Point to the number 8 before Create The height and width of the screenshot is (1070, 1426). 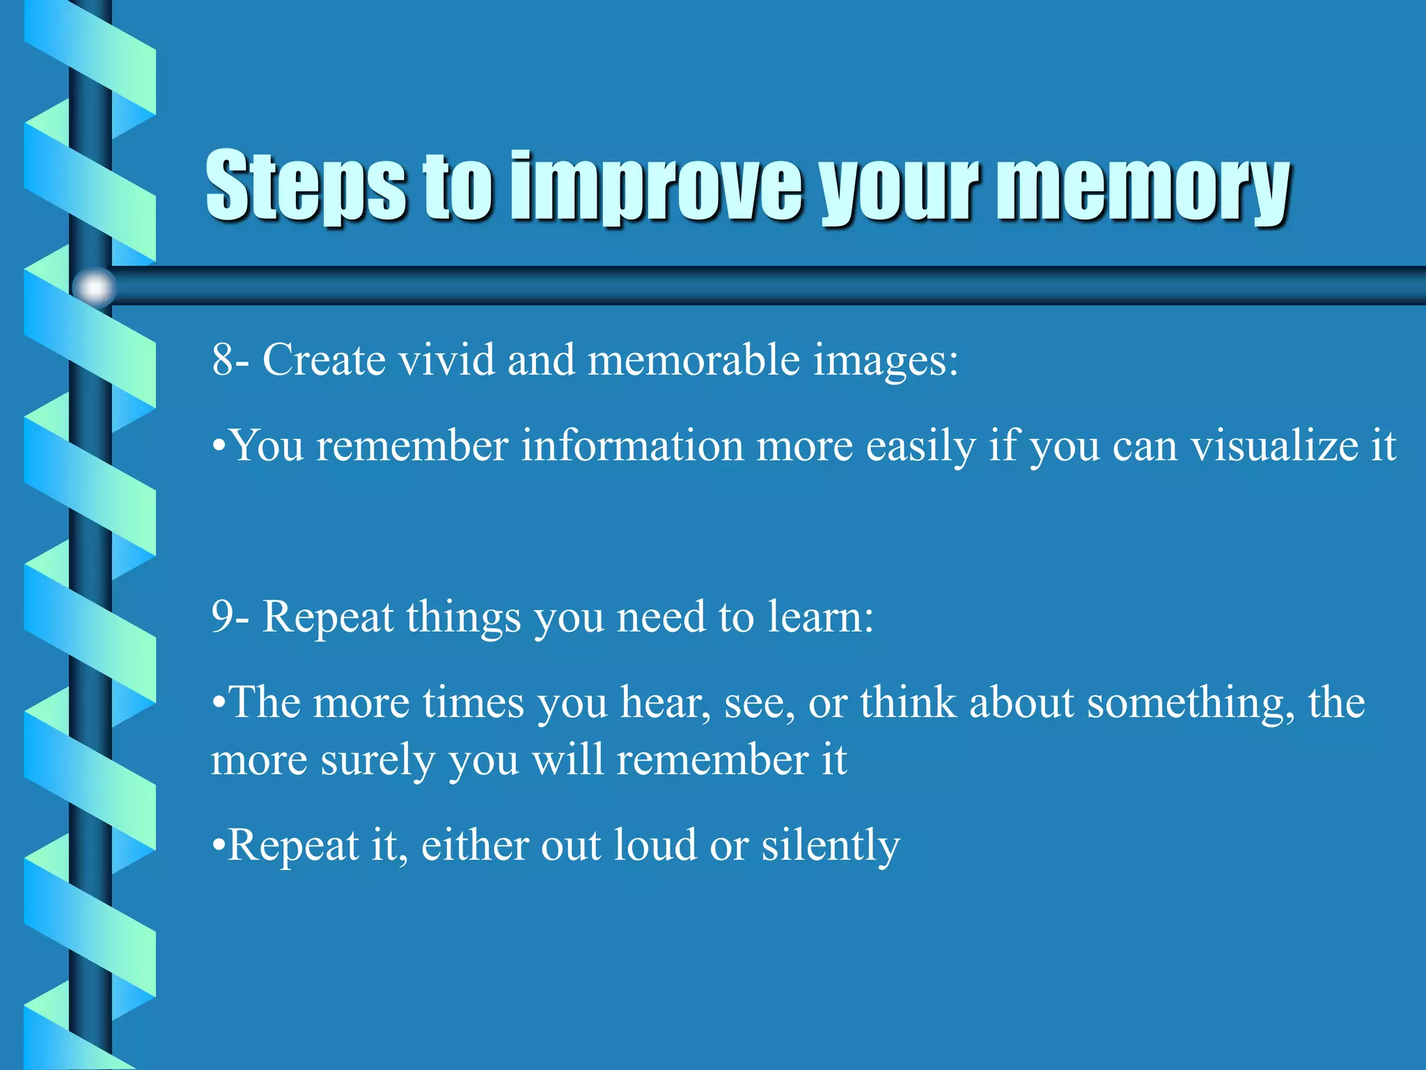pos(223,360)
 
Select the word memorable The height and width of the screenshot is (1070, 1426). pos(694,360)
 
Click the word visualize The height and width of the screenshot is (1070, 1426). pos(1274,446)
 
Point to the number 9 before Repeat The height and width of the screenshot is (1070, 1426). pos(223,617)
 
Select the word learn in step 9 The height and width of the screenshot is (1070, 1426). pos(819,617)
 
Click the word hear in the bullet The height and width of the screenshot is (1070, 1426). pos(664,703)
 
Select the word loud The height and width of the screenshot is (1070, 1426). pos(655,846)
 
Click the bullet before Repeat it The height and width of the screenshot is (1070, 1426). pos(218,846)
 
